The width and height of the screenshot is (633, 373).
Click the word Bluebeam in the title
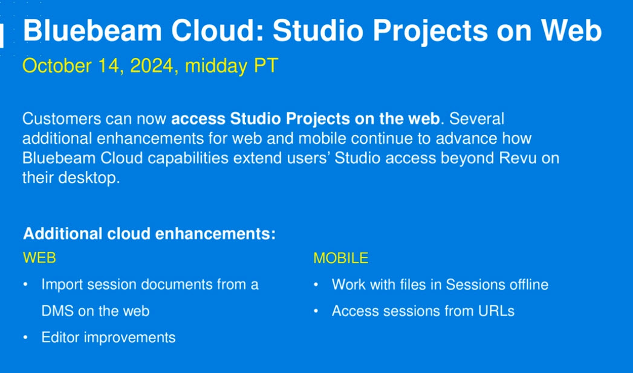coord(93,30)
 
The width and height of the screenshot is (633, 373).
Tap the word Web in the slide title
coord(571,30)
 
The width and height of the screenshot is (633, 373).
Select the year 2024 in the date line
coord(152,66)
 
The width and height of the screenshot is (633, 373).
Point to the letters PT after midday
coord(266,66)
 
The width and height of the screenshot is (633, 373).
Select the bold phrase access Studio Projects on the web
coord(305,118)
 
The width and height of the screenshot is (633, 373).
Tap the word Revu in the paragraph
coord(518,158)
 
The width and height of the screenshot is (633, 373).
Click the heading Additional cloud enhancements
coord(149,234)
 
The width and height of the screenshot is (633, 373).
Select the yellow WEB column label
coord(39,258)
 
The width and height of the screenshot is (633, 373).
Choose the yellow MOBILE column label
coord(341,258)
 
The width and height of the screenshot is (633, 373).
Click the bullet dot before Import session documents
coord(25,285)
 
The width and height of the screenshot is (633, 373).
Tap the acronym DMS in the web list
coord(57,311)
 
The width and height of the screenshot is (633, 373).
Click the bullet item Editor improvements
coord(108,337)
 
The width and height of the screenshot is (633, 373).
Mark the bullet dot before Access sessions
coord(316,311)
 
